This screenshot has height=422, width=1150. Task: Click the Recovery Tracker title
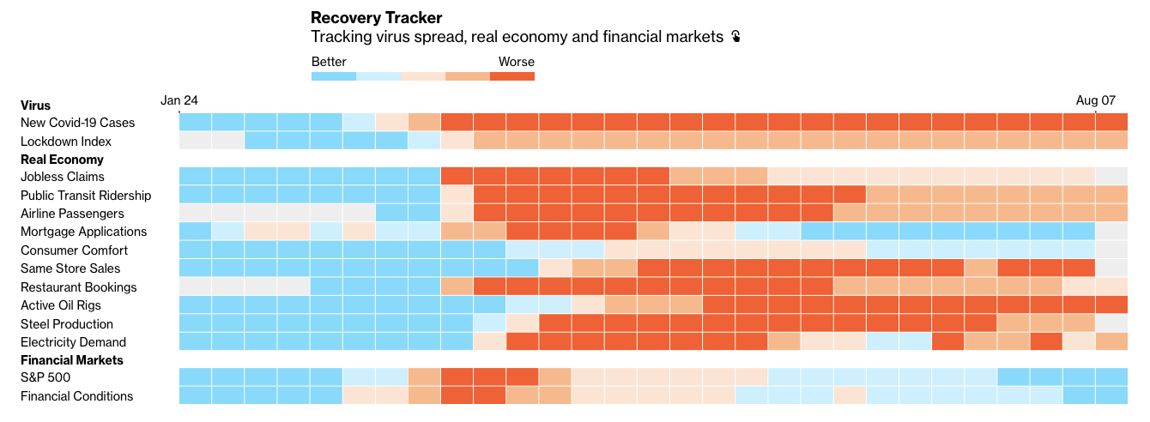click(376, 17)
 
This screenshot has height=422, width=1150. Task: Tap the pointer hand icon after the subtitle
click(735, 37)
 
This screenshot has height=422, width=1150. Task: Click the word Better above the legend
click(329, 62)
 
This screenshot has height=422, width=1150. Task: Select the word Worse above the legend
click(516, 62)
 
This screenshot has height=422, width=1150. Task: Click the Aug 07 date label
click(1095, 100)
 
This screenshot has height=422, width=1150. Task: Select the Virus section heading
click(35, 105)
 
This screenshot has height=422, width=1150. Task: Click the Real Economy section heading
click(62, 160)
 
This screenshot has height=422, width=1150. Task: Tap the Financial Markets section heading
click(72, 360)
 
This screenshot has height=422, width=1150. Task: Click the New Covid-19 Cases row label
click(77, 123)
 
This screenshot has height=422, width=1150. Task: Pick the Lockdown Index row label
click(66, 142)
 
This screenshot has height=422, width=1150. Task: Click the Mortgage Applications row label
click(83, 232)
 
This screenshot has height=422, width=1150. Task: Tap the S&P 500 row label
click(45, 377)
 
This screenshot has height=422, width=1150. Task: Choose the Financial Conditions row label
click(76, 396)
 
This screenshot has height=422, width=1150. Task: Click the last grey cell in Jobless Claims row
click(1111, 177)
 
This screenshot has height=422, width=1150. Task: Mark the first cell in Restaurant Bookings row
click(195, 286)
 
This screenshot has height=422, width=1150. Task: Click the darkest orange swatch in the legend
click(512, 76)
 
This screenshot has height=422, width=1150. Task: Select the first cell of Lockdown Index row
click(195, 141)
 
